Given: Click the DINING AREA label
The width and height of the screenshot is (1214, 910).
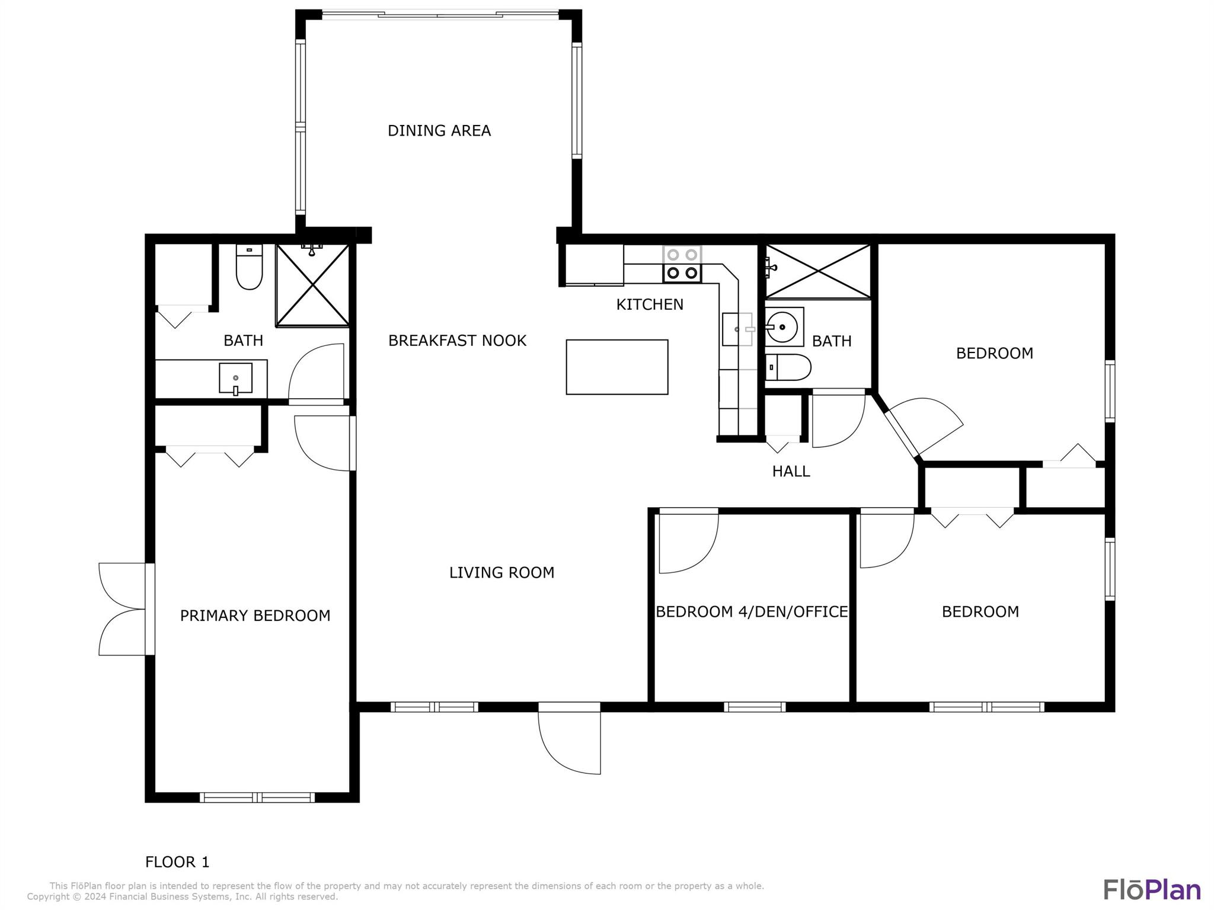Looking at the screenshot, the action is [439, 130].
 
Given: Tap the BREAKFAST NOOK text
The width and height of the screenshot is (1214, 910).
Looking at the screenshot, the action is [457, 341].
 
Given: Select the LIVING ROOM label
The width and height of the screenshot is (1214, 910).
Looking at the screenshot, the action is [501, 572].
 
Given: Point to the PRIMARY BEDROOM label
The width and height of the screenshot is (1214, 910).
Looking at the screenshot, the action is [255, 616].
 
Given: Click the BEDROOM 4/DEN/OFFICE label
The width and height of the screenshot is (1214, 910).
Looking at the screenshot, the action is [752, 611].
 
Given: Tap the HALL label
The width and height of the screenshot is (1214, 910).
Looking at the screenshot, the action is [791, 471].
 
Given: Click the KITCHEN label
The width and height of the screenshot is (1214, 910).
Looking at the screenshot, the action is [650, 305].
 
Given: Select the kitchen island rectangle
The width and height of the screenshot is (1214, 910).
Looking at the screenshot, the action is [617, 367].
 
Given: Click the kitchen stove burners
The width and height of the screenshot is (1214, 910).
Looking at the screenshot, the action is [682, 264].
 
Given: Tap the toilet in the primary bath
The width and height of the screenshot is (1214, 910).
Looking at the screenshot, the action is [249, 267].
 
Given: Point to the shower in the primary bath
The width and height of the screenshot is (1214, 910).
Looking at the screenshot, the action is [312, 285].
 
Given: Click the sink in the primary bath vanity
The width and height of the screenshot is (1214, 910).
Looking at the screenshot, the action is [235, 379].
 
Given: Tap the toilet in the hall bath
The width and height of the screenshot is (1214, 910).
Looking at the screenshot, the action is [788, 367].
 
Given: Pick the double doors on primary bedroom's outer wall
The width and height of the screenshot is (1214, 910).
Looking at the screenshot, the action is [123, 609].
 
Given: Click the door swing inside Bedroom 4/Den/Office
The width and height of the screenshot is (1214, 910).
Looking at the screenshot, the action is [688, 543].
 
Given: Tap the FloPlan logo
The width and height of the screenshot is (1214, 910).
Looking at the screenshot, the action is [1152, 890].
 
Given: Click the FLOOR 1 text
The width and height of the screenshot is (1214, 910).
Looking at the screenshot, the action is [177, 862].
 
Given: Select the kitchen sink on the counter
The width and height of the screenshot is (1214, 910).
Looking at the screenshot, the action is [737, 329].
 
